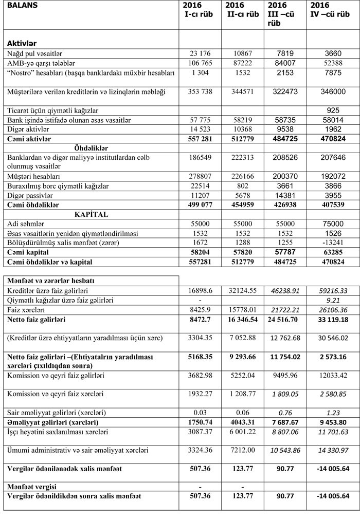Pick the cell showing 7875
tap(331, 72)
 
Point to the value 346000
tap(331, 91)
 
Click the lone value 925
tap(331, 110)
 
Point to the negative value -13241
tap(331, 243)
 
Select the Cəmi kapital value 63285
tap(331, 252)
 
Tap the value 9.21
tap(331, 300)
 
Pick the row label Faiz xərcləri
tap(27, 310)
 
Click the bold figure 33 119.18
tap(331, 320)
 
